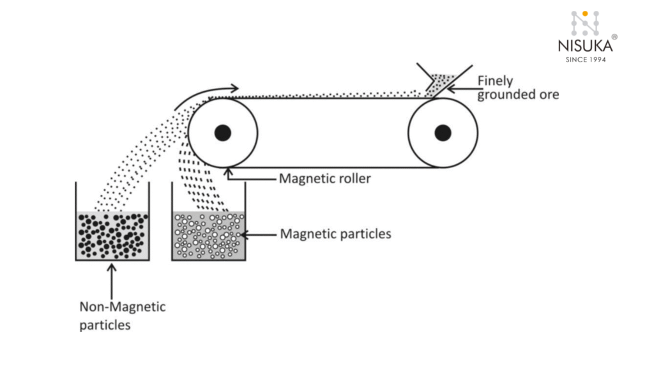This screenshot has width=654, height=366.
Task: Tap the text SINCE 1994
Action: coord(585,59)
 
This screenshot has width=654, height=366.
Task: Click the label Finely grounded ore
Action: coord(518,88)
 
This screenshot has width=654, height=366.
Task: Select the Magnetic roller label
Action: coord(324,178)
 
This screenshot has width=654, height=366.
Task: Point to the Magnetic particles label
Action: coord(335,234)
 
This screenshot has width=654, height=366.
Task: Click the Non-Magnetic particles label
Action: coord(122,316)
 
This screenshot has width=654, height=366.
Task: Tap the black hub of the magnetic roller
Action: coord(222,133)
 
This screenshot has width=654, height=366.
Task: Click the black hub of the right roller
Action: coord(443,133)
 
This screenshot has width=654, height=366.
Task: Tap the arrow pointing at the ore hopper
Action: coord(461,89)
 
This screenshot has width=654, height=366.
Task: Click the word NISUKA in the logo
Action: coord(585,46)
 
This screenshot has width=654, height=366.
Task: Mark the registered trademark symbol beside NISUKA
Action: coord(614,38)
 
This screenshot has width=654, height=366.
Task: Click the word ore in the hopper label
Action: coord(547,95)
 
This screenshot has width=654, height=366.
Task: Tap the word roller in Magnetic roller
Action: coord(354,178)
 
